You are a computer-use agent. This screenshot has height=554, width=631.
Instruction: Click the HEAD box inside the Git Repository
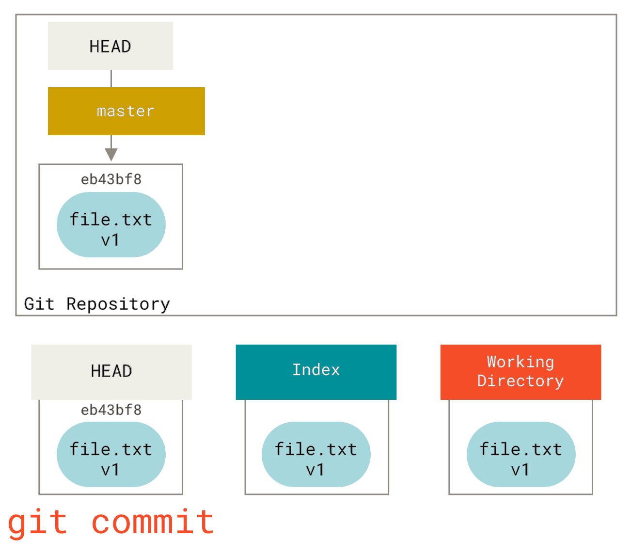coord(110,46)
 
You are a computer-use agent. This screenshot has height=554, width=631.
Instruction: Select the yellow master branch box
coord(126,111)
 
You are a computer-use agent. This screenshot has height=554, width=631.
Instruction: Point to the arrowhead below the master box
coord(111,155)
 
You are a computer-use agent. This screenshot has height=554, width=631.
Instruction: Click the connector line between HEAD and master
coord(111,79)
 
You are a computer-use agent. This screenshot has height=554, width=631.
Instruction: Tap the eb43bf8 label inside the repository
coord(111,180)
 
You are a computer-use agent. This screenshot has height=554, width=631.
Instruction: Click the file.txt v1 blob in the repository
coord(111,225)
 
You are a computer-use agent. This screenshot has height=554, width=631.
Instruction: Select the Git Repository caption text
coord(97,304)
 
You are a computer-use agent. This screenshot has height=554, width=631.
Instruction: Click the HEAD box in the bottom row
coord(111,372)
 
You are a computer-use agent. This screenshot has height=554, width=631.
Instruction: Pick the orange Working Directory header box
coord(521,372)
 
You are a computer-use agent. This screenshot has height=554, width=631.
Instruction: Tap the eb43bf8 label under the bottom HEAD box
coord(111,410)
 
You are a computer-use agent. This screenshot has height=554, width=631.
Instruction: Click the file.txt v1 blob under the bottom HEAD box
coord(111,455)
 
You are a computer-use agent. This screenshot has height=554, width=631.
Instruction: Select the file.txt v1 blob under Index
coord(316,455)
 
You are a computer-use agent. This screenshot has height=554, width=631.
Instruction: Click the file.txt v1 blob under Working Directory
coord(521,455)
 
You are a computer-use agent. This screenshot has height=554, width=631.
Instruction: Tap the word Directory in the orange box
coord(521,381)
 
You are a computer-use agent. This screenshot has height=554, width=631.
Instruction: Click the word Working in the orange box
coord(521,362)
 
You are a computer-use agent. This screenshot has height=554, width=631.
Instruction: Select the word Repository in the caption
coord(119,304)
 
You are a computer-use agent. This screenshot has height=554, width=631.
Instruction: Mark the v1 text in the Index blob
coord(315,470)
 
